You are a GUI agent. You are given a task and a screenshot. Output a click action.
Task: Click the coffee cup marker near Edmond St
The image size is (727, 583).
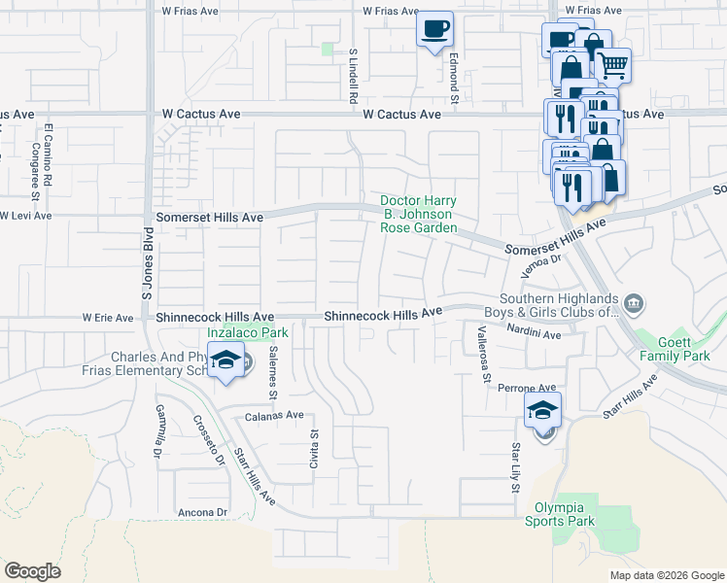click(434, 28)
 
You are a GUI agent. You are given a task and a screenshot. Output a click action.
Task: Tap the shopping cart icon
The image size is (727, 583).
click(611, 66)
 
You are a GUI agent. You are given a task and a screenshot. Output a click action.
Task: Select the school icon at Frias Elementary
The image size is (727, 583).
click(225, 361)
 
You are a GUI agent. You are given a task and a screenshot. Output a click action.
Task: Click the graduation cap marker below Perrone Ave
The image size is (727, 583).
click(543, 410)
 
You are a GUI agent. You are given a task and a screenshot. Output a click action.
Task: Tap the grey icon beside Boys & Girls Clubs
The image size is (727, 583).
click(633, 305)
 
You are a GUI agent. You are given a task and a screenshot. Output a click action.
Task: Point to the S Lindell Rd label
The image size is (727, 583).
click(354, 77)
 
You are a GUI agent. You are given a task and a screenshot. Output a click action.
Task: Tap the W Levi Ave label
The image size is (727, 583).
click(26, 215)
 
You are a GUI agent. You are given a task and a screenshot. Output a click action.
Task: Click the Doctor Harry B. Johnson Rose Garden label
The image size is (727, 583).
click(418, 214)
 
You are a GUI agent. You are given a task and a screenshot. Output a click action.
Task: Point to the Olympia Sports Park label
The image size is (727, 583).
click(565, 514)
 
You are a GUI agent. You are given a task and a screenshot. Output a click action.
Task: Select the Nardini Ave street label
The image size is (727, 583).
click(533, 334)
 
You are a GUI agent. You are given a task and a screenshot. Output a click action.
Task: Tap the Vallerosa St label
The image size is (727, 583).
click(480, 354)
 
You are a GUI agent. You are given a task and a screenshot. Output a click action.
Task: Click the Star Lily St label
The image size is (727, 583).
click(515, 467)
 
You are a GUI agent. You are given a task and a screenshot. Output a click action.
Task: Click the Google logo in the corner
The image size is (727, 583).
click(32, 571)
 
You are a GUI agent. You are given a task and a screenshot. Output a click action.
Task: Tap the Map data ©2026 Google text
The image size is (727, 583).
click(666, 575)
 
